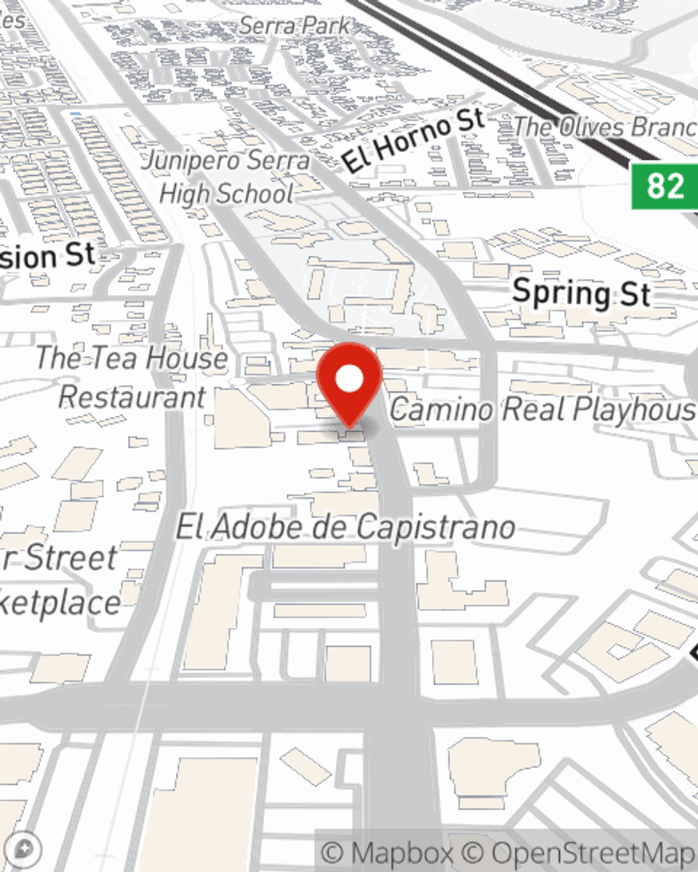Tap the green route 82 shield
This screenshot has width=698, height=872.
(x=664, y=186)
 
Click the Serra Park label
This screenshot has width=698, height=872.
(x=294, y=27)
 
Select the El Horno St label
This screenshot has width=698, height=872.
(x=413, y=142)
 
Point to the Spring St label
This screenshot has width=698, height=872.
(x=581, y=292)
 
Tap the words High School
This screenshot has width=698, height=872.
(x=226, y=194)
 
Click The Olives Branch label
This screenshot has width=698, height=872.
(x=604, y=127)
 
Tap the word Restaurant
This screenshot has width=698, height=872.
(x=132, y=397)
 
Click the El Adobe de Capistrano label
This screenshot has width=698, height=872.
(x=346, y=528)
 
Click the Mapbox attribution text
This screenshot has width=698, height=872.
(x=387, y=853)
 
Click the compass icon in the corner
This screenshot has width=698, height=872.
(x=22, y=849)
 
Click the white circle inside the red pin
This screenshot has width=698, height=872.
(x=349, y=379)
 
